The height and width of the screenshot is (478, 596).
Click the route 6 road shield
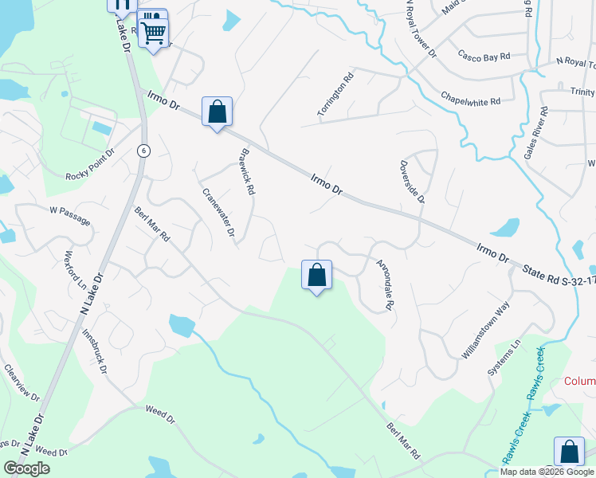(x=142, y=151)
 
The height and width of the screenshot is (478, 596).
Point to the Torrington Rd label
(x=335, y=97)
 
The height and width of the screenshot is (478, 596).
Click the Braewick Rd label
(x=247, y=171)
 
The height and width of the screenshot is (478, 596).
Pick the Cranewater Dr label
(x=218, y=213)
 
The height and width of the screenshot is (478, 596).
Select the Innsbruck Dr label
(x=94, y=351)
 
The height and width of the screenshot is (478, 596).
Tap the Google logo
(x=26, y=468)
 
